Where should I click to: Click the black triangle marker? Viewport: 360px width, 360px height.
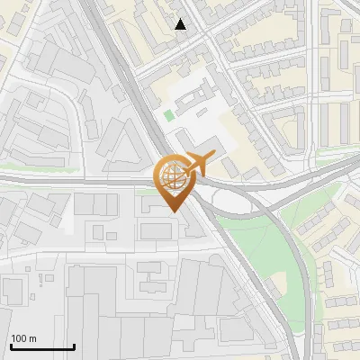181,25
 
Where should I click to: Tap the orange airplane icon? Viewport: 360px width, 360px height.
194,164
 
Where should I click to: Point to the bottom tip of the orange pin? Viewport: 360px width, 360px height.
173,211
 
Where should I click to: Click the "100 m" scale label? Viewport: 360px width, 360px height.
23,338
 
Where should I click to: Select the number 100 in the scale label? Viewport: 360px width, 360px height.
19,338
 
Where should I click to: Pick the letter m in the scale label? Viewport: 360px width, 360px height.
32,338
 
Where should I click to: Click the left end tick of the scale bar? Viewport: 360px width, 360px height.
10,346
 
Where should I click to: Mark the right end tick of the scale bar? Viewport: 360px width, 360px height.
74,346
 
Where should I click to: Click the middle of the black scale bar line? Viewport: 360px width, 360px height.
41,347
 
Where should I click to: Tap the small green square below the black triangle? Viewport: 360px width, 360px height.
169,115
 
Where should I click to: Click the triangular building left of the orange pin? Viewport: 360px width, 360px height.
122,143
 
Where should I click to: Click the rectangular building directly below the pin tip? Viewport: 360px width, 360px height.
156,231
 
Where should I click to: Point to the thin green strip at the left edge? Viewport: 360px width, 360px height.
18,169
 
